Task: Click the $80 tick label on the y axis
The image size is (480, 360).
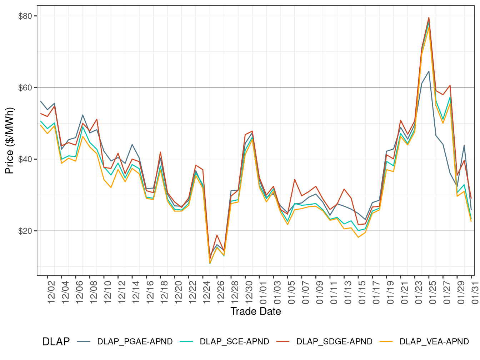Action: [x=25, y=16]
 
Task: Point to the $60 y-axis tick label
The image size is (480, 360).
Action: [x=25, y=87]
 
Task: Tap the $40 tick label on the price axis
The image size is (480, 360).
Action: [x=25, y=159]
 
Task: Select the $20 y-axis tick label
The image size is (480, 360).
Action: [x=25, y=231]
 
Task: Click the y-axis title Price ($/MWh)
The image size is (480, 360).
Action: [x=10, y=140]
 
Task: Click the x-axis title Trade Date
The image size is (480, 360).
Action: [x=256, y=311]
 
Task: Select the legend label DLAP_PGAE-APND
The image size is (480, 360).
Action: [x=135, y=342]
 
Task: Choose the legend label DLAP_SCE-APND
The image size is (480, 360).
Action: [x=234, y=342]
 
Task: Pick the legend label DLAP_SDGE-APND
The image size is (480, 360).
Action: [x=334, y=342]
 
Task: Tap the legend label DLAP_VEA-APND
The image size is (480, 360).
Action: [x=434, y=342]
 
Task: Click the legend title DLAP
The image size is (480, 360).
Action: [x=56, y=342]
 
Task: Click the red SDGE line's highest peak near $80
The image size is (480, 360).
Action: [x=429, y=17]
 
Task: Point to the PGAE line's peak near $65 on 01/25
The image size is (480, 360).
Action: [x=429, y=71]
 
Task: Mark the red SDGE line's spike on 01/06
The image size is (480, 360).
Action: [x=295, y=179]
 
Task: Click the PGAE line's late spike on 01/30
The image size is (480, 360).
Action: [x=464, y=145]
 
